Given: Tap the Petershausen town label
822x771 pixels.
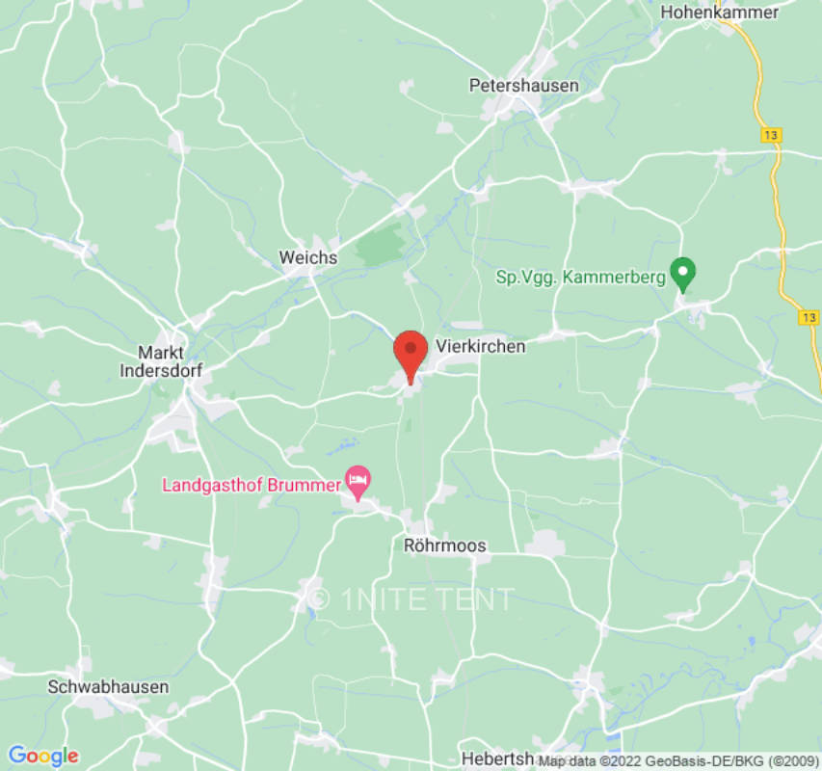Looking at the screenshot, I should tap(523, 86).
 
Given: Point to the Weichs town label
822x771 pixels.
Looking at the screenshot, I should tap(308, 257).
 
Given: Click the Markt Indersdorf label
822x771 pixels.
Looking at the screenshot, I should tap(161, 360).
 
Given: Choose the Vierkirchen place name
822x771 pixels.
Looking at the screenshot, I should tap(481, 346).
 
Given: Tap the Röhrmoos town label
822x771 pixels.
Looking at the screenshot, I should tap(444, 545).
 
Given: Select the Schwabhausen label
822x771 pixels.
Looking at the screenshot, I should tap(109, 687).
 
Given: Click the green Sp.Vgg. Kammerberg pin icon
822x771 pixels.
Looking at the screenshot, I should tap(683, 274).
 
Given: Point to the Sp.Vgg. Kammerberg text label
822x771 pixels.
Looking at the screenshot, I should tap(580, 278).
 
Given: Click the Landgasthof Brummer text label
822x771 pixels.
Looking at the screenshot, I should tap(251, 484).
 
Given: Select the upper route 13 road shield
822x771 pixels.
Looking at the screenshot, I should tap(770, 136).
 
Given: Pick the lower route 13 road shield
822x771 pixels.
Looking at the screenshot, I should tap(809, 317).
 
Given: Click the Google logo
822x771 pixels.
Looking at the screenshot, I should tap(43, 756).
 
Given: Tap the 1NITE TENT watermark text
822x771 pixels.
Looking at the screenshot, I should tap(426, 599).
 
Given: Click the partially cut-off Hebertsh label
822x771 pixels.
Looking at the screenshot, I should tap(497, 758).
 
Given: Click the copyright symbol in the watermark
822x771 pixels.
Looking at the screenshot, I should tap(321, 599).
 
